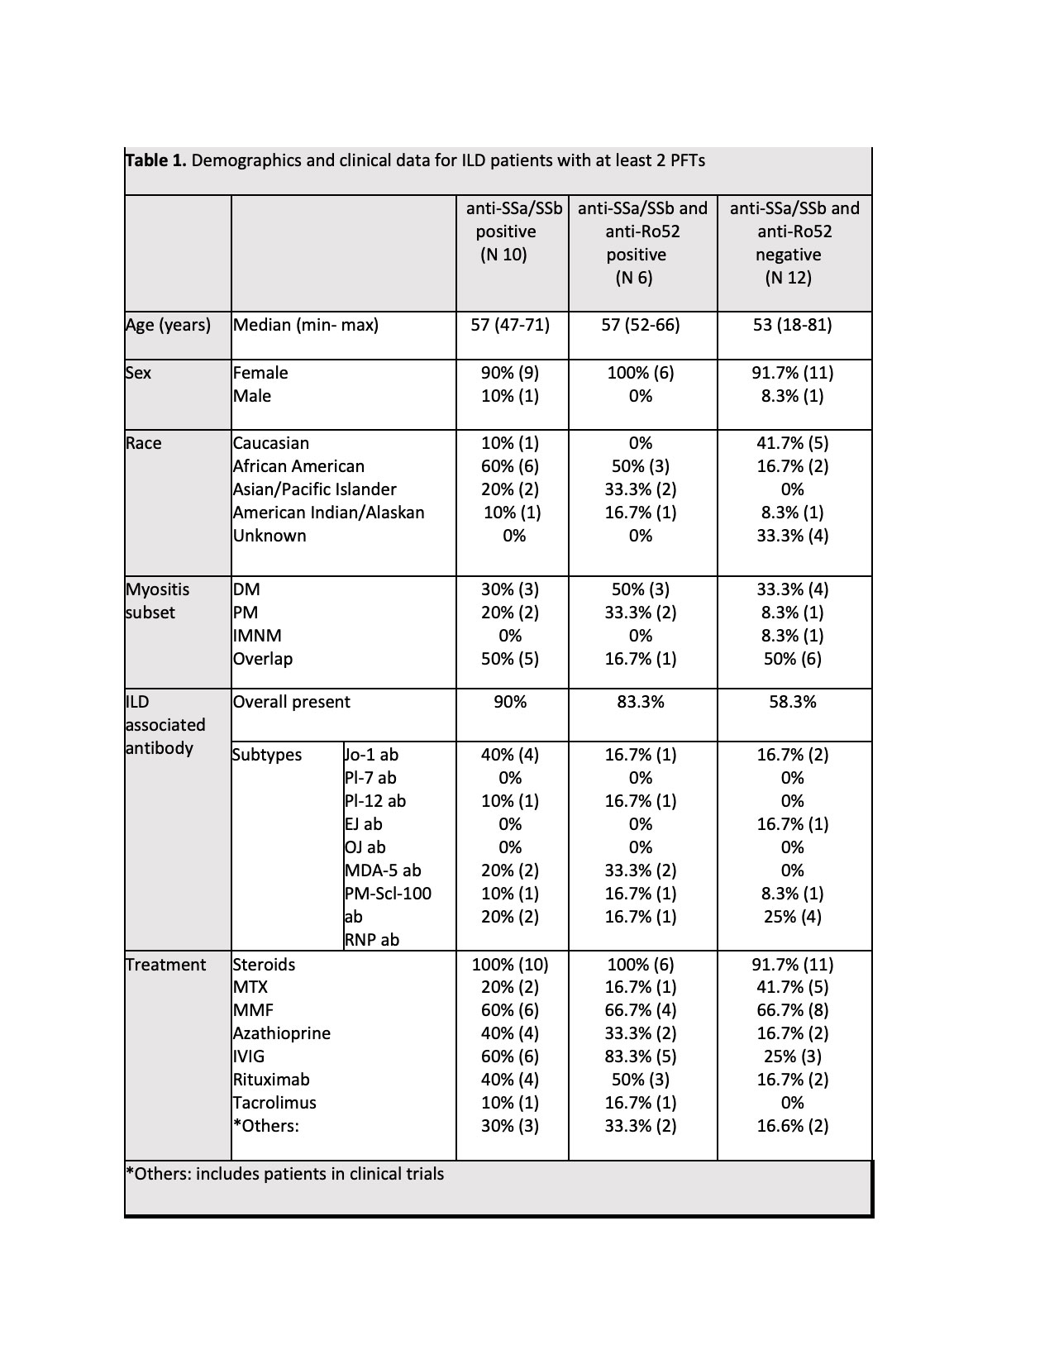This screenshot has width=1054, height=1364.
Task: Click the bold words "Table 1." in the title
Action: coord(156,160)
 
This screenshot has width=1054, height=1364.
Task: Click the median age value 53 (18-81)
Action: coord(792,325)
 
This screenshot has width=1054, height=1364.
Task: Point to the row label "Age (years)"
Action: coord(168,325)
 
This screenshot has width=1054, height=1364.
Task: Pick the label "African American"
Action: coord(298,466)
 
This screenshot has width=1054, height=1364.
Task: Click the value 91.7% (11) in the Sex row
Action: coord(792,373)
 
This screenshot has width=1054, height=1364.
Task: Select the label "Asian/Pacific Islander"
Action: coord(314,489)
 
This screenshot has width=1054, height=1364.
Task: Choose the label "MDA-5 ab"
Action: coord(383,870)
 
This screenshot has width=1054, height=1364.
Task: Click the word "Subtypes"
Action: coord(267,755)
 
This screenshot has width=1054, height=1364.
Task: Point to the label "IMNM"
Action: coord(257,636)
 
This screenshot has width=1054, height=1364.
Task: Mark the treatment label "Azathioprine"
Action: coord(281,1033)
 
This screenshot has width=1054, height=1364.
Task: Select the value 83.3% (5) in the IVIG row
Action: coord(640,1056)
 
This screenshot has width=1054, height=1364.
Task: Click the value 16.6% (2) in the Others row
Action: coord(792,1126)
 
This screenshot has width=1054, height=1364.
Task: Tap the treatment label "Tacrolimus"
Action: coord(274,1103)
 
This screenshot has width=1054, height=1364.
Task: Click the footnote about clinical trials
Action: coord(284,1174)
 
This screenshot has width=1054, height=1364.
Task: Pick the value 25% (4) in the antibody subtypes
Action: coord(792,917)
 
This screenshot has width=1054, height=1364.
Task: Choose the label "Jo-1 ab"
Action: coord(371,755)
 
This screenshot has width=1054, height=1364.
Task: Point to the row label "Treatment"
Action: coord(165,965)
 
